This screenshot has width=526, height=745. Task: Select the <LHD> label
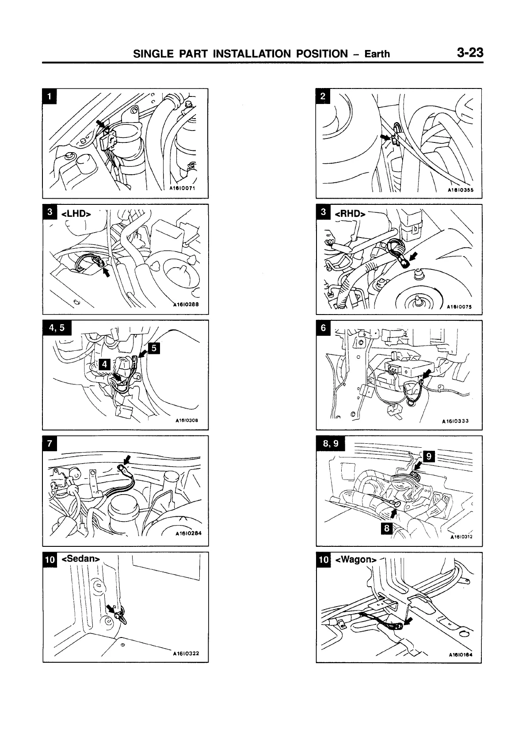click(x=76, y=214)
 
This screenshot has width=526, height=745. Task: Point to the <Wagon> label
click(x=356, y=560)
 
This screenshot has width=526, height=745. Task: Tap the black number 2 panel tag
click(x=324, y=96)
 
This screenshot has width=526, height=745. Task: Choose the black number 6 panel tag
click(x=324, y=328)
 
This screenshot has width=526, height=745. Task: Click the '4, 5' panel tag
click(x=57, y=327)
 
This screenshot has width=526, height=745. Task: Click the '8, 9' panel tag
click(x=331, y=443)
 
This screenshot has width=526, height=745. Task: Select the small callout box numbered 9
click(x=428, y=456)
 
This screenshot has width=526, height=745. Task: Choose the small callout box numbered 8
click(x=387, y=528)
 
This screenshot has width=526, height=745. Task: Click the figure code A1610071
click(x=183, y=187)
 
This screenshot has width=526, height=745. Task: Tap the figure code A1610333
click(x=456, y=421)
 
